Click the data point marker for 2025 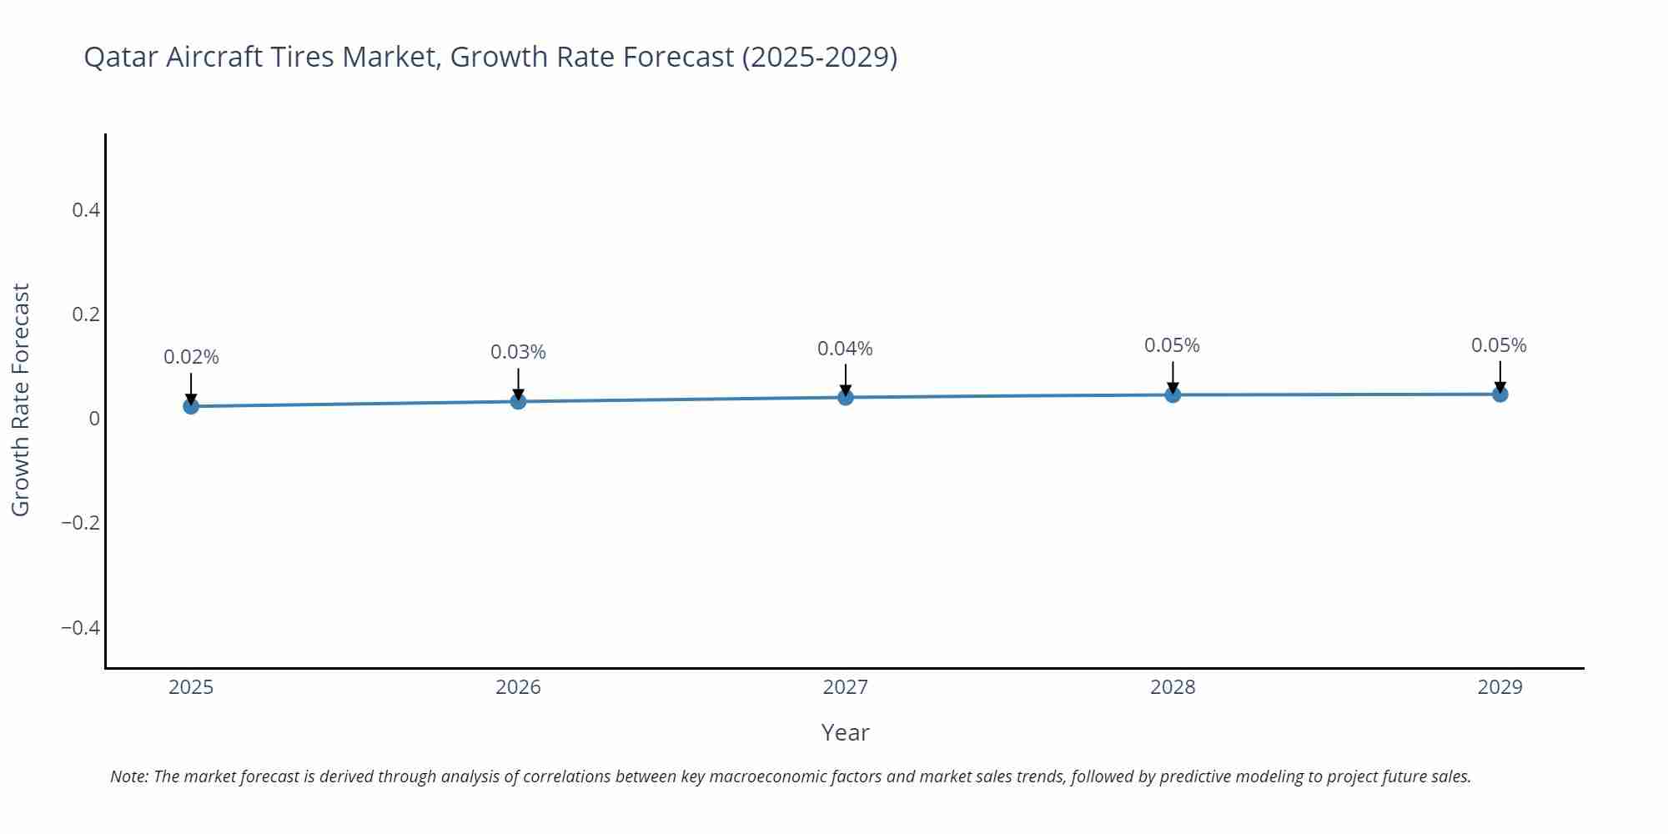tap(191, 406)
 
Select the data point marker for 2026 tap(518, 401)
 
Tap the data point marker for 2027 tap(846, 397)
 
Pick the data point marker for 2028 tap(1173, 394)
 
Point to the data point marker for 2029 tap(1500, 394)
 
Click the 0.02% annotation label tap(191, 357)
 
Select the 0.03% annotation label tap(518, 352)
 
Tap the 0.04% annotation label tap(845, 349)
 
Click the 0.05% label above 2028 tap(1172, 345)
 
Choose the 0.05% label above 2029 tap(1499, 345)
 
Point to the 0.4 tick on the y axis tap(86, 210)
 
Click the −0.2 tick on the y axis tap(80, 523)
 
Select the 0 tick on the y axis tap(94, 419)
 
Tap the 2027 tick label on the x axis tap(845, 687)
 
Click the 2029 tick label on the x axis tap(1500, 687)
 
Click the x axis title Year tap(845, 732)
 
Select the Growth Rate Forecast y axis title tap(21, 399)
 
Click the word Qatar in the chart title tap(121, 57)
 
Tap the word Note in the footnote tap(128, 776)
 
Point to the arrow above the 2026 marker tap(518, 384)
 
